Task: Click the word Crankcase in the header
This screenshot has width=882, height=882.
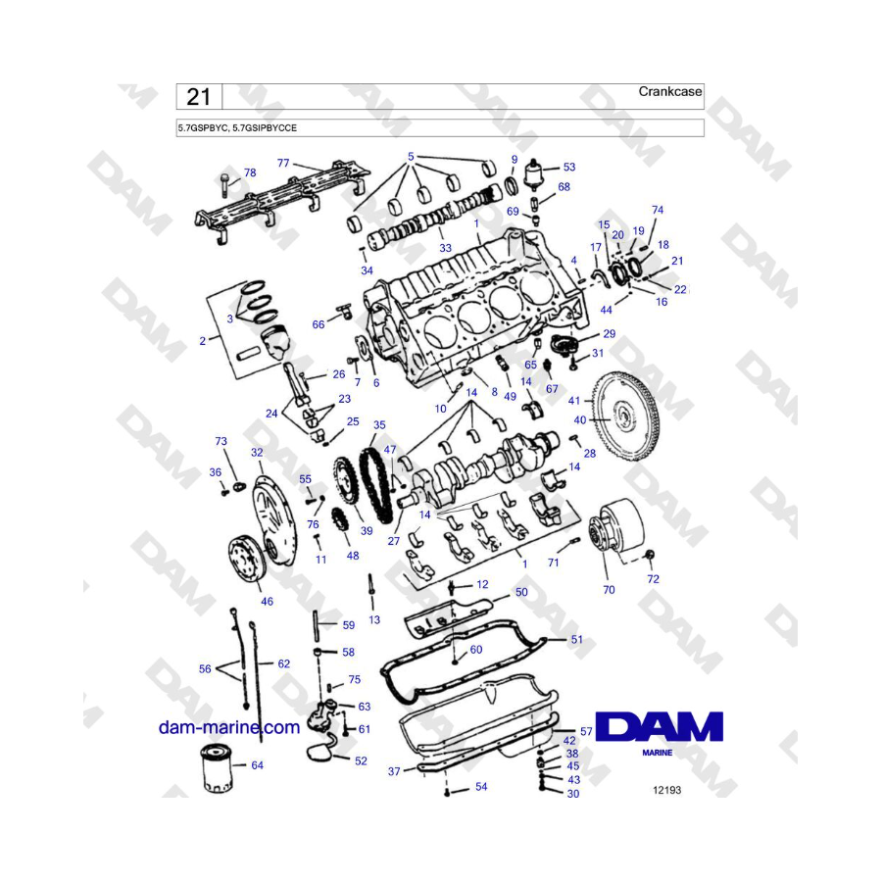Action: pos(670,92)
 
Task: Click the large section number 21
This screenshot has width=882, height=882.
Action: pos(199,97)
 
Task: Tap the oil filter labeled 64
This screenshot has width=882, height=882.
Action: pos(218,767)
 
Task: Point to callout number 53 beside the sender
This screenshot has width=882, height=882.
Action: pos(569,167)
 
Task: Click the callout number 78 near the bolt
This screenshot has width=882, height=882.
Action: pos(250,172)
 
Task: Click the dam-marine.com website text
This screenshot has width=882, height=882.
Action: pos(229,727)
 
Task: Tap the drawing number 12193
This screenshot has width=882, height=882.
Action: pos(666,790)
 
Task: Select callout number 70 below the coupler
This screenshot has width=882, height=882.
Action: pos(609,590)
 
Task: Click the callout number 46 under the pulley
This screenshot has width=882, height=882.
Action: pos(267,602)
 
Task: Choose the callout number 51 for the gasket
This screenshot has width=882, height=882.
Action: pos(576,640)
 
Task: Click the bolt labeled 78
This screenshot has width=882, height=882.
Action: pos(224,185)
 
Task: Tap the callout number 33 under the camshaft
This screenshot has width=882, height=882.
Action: pos(445,248)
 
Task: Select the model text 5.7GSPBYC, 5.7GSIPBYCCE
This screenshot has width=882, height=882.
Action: pos(237,128)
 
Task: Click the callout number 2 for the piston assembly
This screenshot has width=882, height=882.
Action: pos(203,341)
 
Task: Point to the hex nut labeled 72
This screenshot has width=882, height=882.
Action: pos(650,556)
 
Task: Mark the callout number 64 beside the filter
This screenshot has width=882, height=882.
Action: pos(257,765)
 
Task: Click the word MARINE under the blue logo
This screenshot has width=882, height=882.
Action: pos(657,753)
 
